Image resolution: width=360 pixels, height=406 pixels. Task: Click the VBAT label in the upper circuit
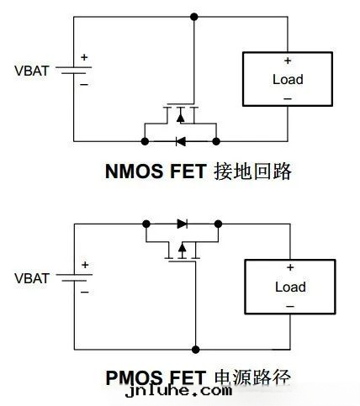[32, 69]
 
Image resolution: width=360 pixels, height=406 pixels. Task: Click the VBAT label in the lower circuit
[32, 276]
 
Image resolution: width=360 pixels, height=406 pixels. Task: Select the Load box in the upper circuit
[288, 80]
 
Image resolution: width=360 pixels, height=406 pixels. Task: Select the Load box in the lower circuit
[289, 287]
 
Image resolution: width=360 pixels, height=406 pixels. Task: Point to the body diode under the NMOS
[180, 140]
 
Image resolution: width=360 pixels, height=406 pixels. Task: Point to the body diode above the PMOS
[182, 224]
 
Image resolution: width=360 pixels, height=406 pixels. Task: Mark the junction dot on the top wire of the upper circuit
[194, 16]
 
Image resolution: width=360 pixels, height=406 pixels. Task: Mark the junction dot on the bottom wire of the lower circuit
[195, 348]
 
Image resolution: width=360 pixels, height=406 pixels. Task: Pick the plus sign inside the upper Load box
[288, 61]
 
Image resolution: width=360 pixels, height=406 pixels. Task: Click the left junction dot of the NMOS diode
[144, 140]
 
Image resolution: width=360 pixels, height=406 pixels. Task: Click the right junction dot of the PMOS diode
[218, 224]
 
